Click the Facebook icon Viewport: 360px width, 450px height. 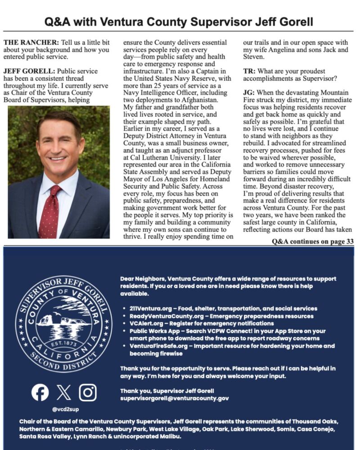click(x=40, y=393)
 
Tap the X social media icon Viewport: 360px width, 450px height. click(x=64, y=393)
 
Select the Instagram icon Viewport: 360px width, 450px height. click(x=88, y=393)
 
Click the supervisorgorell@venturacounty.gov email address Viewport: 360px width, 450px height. click(x=175, y=398)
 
